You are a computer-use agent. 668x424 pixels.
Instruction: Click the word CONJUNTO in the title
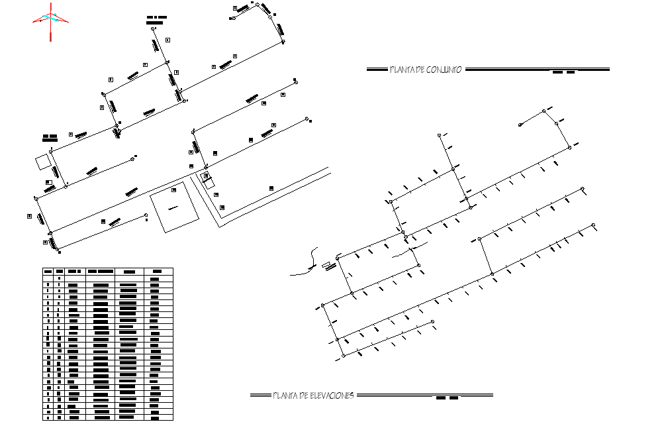point(444,70)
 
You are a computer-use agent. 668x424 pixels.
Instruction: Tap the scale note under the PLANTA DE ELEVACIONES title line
point(447,399)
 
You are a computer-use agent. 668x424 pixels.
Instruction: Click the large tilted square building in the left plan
point(174,209)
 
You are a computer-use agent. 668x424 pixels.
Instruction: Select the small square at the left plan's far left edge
point(42,161)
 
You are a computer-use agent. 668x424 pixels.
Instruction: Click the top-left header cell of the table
point(48,271)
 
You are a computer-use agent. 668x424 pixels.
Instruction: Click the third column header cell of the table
point(74,271)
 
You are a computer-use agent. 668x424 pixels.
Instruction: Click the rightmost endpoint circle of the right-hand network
point(593,225)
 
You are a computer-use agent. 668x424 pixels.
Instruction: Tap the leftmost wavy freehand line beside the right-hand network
point(305,264)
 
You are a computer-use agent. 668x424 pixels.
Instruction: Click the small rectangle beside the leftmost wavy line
point(326,266)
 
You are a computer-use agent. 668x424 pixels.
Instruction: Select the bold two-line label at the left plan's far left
point(50,138)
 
